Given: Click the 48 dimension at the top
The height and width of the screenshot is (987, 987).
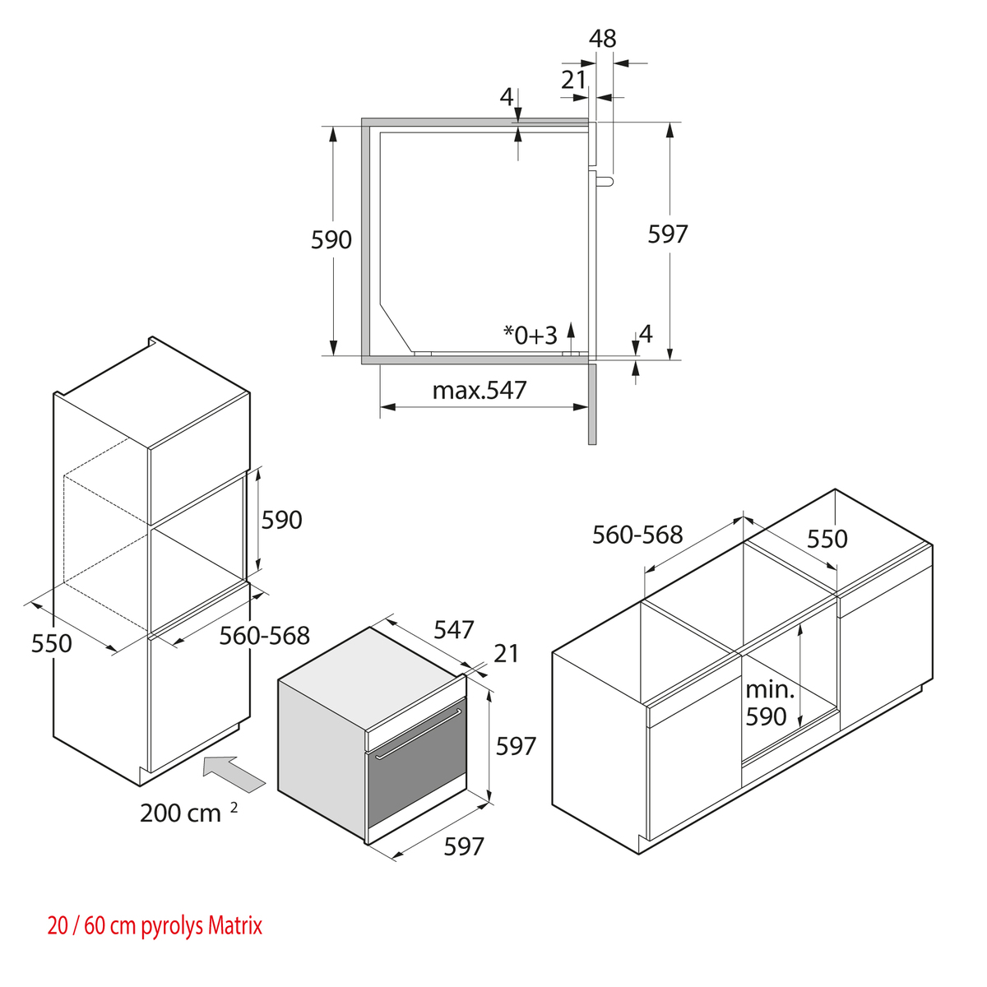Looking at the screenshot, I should [602, 39].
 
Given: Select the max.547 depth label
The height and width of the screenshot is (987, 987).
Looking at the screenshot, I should [480, 390].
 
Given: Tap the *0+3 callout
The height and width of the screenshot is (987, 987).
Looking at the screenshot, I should [531, 335].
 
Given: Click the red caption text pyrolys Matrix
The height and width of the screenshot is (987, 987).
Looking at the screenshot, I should [202, 926].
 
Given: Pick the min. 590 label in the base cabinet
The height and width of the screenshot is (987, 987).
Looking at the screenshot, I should [767, 703].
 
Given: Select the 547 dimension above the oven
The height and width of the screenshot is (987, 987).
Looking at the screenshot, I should [454, 629].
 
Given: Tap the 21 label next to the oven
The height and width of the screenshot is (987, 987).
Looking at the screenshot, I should [507, 653].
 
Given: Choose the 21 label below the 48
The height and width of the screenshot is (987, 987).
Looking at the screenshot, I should [573, 80].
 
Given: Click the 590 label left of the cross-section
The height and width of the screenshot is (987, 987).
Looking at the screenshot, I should [331, 240].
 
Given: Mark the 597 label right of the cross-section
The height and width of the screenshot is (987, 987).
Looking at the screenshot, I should [667, 234].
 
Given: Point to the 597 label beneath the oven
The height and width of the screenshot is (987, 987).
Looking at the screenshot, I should [464, 846].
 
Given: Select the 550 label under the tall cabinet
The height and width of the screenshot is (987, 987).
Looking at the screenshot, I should [52, 643].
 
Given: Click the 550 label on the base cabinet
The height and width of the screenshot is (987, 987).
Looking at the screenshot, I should [827, 539].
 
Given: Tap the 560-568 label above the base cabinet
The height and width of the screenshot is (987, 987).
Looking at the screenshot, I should [637, 535].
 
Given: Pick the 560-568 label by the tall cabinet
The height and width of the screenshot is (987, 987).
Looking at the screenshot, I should [264, 635].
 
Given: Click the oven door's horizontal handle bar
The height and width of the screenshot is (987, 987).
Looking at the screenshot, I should [418, 732].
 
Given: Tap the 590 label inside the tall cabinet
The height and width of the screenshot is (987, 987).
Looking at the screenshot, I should [281, 520].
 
